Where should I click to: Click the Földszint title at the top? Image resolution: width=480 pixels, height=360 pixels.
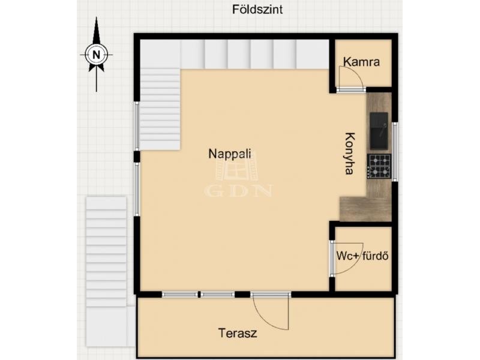(257, 10)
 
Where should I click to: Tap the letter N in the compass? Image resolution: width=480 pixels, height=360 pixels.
(97, 55)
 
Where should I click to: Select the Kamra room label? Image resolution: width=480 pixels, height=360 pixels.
(361, 62)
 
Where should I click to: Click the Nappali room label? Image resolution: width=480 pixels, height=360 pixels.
(230, 154)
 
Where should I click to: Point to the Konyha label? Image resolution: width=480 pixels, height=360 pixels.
(350, 154)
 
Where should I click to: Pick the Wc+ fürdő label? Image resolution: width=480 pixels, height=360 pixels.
(362, 256)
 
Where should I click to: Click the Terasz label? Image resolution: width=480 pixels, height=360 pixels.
(238, 333)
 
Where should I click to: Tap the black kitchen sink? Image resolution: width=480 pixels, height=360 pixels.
(379, 131)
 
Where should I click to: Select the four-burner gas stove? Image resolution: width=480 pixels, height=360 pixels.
(379, 166)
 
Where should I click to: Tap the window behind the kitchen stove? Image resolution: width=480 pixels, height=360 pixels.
(395, 152)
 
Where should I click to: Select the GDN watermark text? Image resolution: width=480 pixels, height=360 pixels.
(238, 190)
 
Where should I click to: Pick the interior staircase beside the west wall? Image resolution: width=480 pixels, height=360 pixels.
(160, 109)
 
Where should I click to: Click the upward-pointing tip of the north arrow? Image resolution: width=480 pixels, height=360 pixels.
(97, 17)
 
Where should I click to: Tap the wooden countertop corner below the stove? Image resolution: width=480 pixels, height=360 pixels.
(365, 209)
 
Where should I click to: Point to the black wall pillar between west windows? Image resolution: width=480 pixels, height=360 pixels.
(137, 157)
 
